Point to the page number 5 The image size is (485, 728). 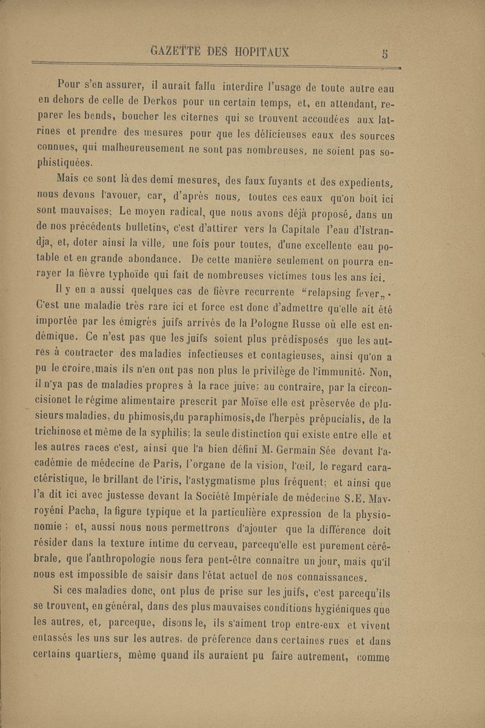pos(384,53)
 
